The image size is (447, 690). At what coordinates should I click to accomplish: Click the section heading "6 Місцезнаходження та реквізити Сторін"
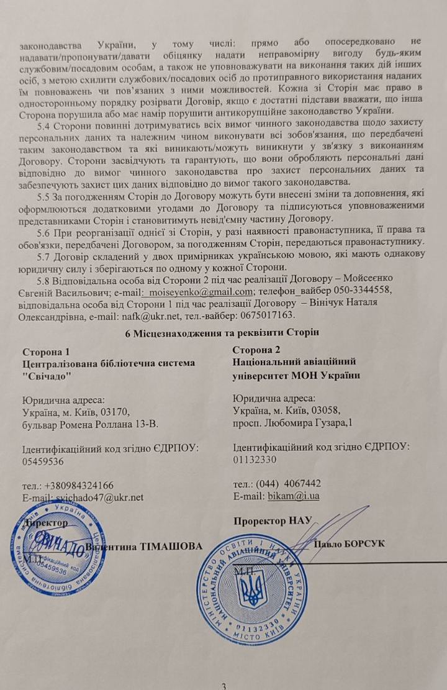pos(223,333)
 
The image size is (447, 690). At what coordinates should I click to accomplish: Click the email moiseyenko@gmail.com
pos(201,293)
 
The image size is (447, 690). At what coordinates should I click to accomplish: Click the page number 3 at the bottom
pos(225,684)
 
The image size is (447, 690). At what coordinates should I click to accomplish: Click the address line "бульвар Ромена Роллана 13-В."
pos(89,425)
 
